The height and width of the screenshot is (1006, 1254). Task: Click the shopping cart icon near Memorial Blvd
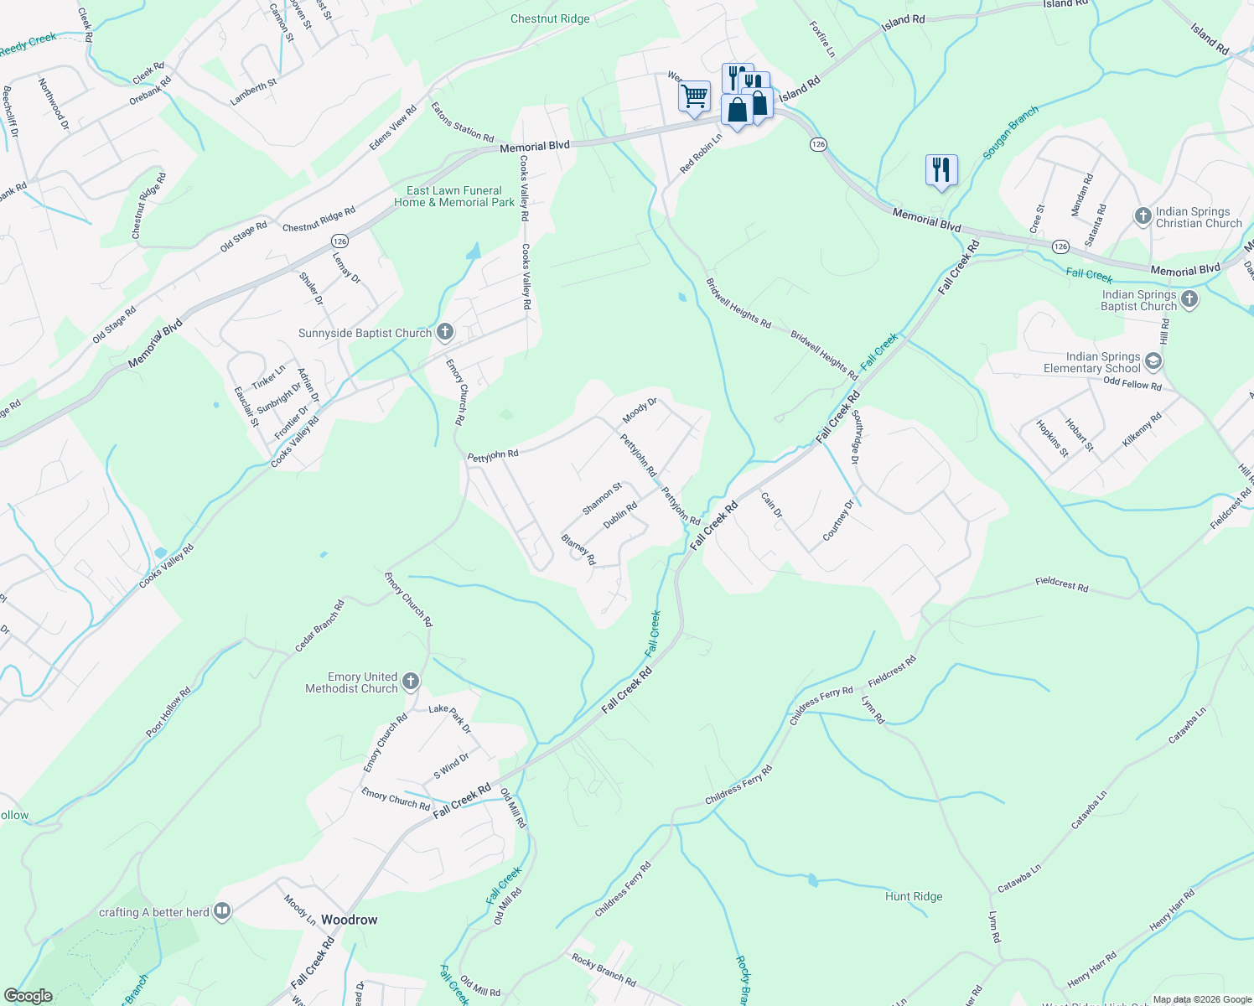click(x=694, y=97)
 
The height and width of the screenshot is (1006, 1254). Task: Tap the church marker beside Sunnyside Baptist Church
click(x=445, y=333)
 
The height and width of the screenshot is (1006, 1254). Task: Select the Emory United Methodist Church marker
click(x=410, y=682)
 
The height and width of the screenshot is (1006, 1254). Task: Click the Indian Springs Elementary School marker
click(x=1153, y=361)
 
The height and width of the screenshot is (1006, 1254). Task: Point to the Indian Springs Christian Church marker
click(x=1143, y=216)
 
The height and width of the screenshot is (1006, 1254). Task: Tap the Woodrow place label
click(x=350, y=920)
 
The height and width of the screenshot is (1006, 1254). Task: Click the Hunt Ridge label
click(x=914, y=896)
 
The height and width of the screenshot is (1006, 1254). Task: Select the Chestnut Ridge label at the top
click(x=550, y=18)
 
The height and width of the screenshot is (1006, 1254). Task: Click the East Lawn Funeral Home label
click(x=454, y=196)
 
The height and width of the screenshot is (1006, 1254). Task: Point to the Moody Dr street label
click(x=640, y=411)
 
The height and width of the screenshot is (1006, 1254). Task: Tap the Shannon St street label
click(x=602, y=499)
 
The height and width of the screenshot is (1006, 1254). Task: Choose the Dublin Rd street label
click(x=620, y=514)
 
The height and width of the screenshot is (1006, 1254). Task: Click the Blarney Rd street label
click(x=578, y=549)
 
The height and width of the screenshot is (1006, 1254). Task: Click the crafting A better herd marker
click(x=222, y=911)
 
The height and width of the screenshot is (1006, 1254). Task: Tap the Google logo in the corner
click(x=28, y=995)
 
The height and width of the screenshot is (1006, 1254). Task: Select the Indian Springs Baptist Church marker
click(x=1189, y=299)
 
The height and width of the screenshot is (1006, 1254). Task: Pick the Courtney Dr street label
click(x=838, y=521)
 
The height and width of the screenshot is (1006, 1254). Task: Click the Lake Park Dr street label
click(x=450, y=718)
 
